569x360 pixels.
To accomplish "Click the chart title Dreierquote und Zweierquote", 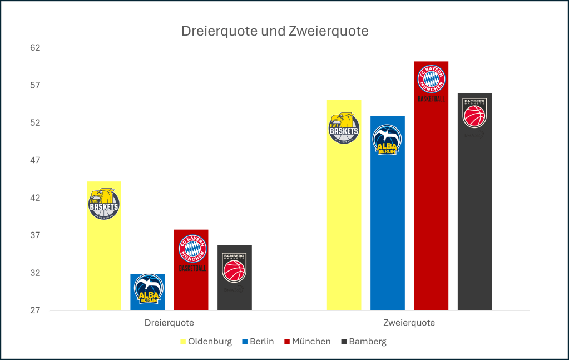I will click(x=275, y=32).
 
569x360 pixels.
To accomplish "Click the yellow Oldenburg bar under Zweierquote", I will click(x=344, y=223).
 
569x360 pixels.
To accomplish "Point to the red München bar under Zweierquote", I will click(x=431, y=211).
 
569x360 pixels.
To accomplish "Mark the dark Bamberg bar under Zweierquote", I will click(x=474, y=223).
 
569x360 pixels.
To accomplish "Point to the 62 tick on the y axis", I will click(x=36, y=48).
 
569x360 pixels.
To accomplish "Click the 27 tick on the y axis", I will click(x=36, y=310).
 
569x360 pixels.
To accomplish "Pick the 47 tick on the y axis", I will click(x=36, y=160).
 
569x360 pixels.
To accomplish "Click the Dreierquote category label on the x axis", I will click(x=169, y=323).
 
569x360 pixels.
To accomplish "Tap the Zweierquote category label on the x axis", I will click(x=409, y=323).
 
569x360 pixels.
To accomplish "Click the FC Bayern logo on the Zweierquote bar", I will click(x=431, y=80).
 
